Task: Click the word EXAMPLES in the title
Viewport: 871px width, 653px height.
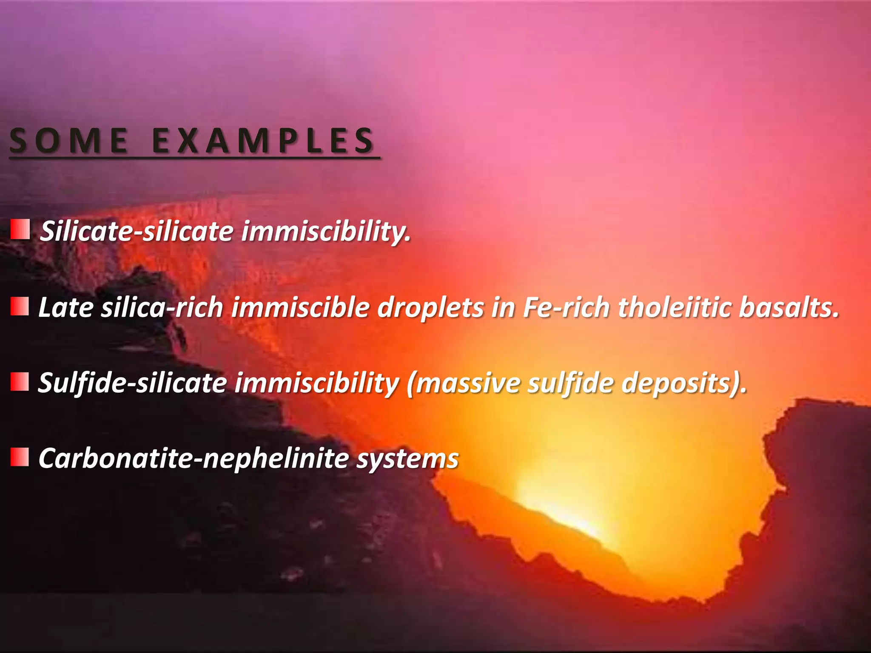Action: [x=263, y=141]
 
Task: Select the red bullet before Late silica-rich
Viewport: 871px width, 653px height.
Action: [x=20, y=307]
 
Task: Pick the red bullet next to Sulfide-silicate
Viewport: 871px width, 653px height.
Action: [x=20, y=382]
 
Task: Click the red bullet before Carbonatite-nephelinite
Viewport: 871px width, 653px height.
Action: [x=20, y=457]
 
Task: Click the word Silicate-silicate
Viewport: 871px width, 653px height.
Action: [x=137, y=232]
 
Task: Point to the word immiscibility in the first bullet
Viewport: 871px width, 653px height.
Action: [x=326, y=232]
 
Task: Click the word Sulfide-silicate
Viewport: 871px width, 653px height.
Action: [x=132, y=383]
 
